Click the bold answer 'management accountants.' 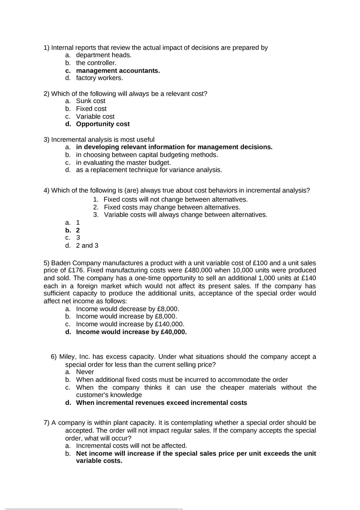[x=118, y=70]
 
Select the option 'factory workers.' [x=99, y=78]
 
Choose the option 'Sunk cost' [x=90, y=101]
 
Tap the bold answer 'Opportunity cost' [x=103, y=124]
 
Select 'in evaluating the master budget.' [x=123, y=162]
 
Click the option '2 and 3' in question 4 [x=87, y=245]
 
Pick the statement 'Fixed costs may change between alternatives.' [x=172, y=207]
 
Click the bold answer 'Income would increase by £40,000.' [x=131, y=332]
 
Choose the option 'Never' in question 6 [x=85, y=372]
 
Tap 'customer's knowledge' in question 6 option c [x=109, y=395]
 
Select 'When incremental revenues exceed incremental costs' [x=162, y=402]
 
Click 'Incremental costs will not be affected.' [x=131, y=446]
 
